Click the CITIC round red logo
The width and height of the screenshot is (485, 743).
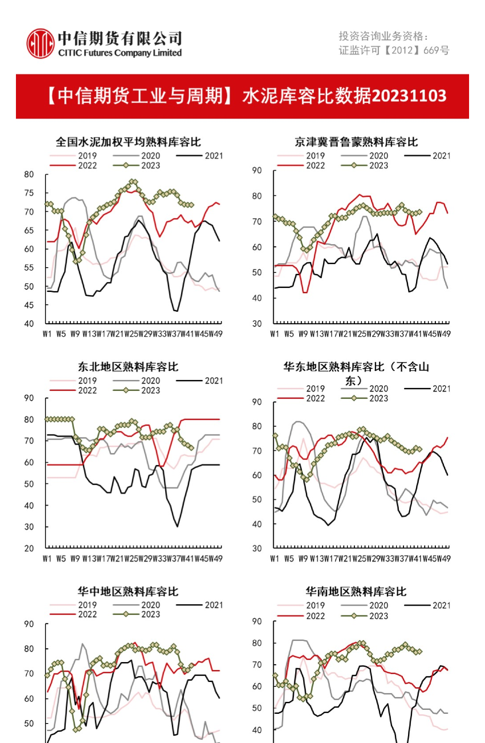40,43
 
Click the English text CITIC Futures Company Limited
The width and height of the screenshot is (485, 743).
120,53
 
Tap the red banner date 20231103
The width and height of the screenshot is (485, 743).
409,96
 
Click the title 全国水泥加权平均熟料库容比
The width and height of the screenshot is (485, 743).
128,142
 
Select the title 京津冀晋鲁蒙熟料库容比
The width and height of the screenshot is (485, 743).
356,142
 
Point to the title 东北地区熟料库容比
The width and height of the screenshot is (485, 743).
128,367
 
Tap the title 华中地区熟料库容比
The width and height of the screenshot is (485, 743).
128,591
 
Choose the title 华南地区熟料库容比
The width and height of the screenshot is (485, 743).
356,591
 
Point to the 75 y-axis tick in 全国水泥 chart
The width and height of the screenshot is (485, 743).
29,193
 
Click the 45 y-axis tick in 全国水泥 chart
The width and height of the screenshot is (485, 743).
29,305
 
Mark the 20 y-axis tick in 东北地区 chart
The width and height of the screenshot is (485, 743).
29,548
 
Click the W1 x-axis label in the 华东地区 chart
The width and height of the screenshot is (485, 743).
275,559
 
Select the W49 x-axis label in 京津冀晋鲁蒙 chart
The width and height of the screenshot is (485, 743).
443,334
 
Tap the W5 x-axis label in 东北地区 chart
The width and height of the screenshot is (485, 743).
61,559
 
